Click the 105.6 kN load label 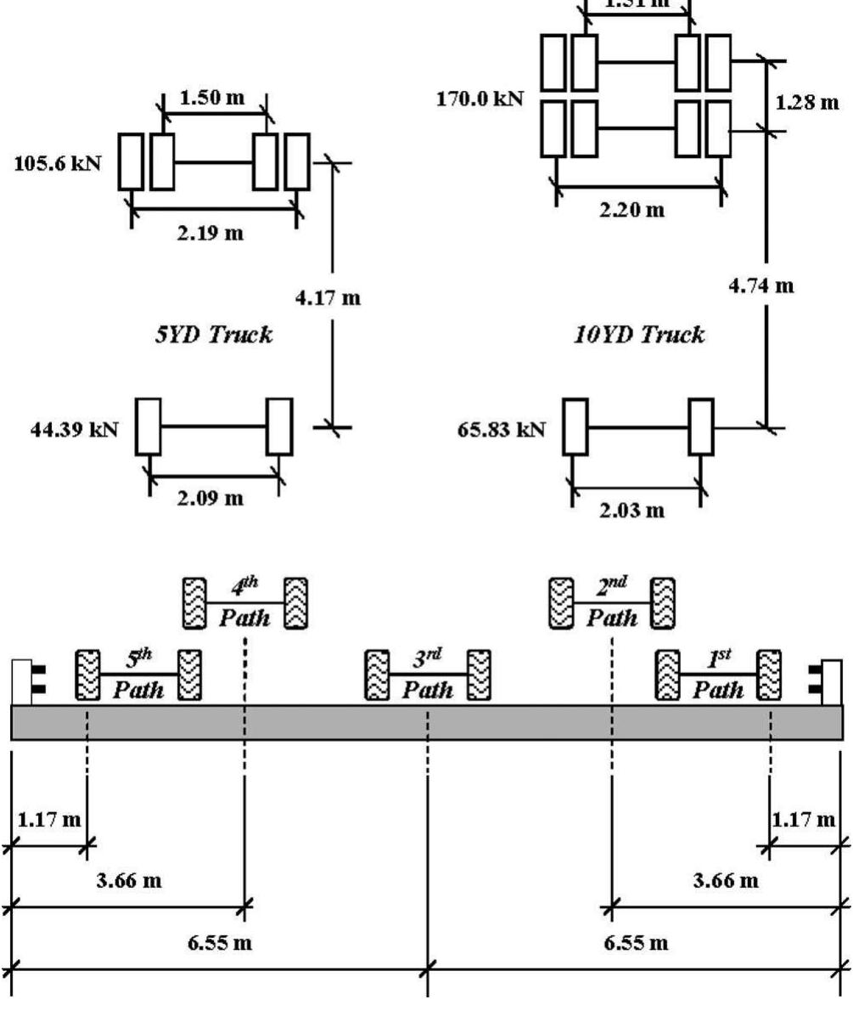pos(58,163)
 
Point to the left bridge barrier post pos(22,681)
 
